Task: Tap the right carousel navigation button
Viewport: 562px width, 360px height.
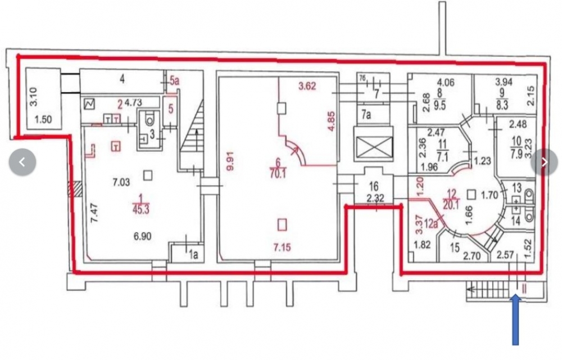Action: [x=544, y=163]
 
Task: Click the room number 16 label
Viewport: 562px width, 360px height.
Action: [x=373, y=186]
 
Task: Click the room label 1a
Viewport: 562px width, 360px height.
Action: [x=193, y=255]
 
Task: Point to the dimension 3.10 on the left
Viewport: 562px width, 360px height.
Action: [x=33, y=101]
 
